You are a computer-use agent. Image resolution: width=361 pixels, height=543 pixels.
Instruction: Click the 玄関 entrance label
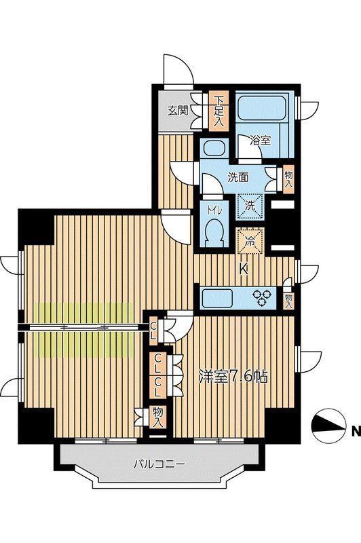point(178,111)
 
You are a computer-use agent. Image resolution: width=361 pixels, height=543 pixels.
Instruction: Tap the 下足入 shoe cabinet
point(218,111)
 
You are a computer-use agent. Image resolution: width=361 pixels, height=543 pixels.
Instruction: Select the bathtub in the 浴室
point(262,107)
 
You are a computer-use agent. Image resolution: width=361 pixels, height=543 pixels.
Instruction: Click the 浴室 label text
point(261,141)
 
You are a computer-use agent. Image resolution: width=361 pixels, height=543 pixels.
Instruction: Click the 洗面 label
point(237,177)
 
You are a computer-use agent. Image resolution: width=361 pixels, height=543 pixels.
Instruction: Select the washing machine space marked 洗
point(250,206)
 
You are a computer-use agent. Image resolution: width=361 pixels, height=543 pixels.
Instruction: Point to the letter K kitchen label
point(244,269)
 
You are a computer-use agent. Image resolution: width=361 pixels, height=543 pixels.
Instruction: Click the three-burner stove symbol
point(263,298)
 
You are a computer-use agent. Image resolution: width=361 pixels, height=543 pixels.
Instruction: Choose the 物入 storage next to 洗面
point(288,180)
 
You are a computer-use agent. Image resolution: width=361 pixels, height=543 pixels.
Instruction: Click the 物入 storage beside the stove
point(288,301)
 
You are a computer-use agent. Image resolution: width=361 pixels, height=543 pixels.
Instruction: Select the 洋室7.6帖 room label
point(233,377)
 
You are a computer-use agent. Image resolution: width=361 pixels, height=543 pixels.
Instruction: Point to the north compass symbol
point(328,426)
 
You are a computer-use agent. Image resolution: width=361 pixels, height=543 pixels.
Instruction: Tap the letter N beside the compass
point(356,432)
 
